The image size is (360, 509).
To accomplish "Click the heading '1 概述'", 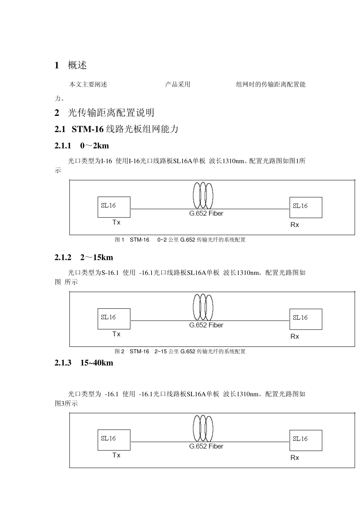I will [71, 66].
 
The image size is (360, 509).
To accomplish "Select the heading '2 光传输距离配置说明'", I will [104, 113].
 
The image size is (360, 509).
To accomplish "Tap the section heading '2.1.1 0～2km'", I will [82, 146].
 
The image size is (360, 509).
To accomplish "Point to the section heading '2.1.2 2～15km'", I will [84, 258].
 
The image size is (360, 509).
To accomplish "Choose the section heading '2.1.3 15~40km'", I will [84, 363].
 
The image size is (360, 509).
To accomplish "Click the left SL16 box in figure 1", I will [114, 207].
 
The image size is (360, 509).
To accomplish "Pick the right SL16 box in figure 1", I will [305, 207].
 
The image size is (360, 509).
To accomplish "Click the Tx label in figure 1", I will [116, 222].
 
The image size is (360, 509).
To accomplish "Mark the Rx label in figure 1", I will [294, 225].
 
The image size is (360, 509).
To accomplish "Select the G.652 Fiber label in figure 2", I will [206, 325].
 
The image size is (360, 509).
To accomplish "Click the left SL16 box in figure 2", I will [114, 319].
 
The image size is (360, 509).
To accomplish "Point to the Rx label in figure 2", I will [294, 336].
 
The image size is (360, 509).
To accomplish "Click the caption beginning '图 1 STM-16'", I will [180, 240].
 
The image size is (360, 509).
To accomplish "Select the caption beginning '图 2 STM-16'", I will [180, 351].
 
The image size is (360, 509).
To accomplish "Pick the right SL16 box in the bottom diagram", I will [305, 440].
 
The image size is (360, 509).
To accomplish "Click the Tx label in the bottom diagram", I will [116, 455].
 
